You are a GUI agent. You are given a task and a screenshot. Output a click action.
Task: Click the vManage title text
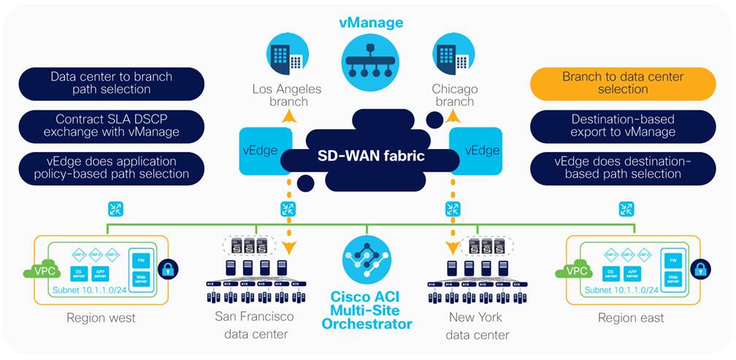(370, 23)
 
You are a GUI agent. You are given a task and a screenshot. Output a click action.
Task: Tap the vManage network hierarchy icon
(370, 65)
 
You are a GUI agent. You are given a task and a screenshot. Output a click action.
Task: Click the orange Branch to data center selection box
(623, 83)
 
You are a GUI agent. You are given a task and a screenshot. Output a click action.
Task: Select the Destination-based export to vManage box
(623, 126)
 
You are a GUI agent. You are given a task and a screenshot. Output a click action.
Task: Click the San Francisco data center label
(255, 326)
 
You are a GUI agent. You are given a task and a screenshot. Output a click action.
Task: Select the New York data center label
(475, 326)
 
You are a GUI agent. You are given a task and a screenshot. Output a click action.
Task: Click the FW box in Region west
(140, 258)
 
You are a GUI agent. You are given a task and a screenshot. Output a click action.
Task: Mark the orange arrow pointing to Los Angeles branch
(290, 116)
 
